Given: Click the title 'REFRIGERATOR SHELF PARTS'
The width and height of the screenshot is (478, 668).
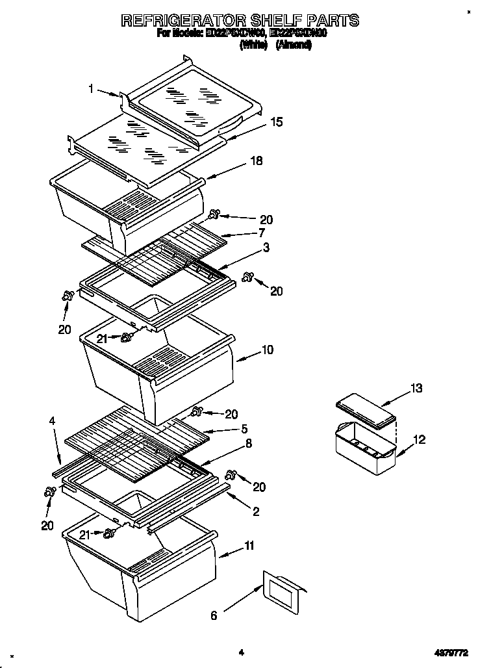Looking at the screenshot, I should pos(240,21).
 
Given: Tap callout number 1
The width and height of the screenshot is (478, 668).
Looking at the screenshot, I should pos(92,90).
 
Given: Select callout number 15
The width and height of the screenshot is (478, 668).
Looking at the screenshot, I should pos(277,122).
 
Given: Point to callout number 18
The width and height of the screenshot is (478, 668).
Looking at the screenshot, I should pos(257,161).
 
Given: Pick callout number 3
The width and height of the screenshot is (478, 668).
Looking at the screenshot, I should pos(266,248).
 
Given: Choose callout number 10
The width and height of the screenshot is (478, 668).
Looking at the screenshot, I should pos(267,350).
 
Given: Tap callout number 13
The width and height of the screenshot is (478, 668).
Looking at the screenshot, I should pos(416,389).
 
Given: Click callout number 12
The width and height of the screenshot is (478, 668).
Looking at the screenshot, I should pos(420,440).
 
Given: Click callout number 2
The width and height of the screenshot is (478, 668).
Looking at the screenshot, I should pos(255,512).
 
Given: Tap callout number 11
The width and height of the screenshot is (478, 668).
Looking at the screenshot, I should pos(249,546).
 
